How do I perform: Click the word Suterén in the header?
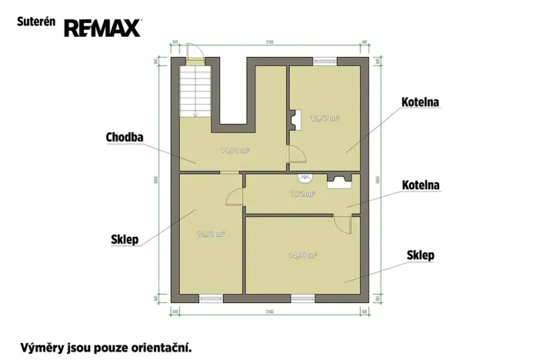pos(35,22)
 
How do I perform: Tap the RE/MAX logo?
pos(102,28)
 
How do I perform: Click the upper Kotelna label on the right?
pos(420,102)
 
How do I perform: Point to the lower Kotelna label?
pos(420,185)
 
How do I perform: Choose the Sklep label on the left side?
pos(125,239)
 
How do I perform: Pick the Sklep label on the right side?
pos(420,255)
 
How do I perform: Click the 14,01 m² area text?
pos(235,151)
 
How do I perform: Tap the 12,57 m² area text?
pos(325,118)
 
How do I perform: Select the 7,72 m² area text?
pos(302,194)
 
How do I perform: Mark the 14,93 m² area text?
pos(302,255)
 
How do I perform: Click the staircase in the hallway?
pos(195,91)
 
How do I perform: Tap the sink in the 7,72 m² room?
pos(305,179)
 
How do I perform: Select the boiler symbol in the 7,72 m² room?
pos(340,181)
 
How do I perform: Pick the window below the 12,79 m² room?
pos(211,297)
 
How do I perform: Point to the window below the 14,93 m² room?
pos(302,297)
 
